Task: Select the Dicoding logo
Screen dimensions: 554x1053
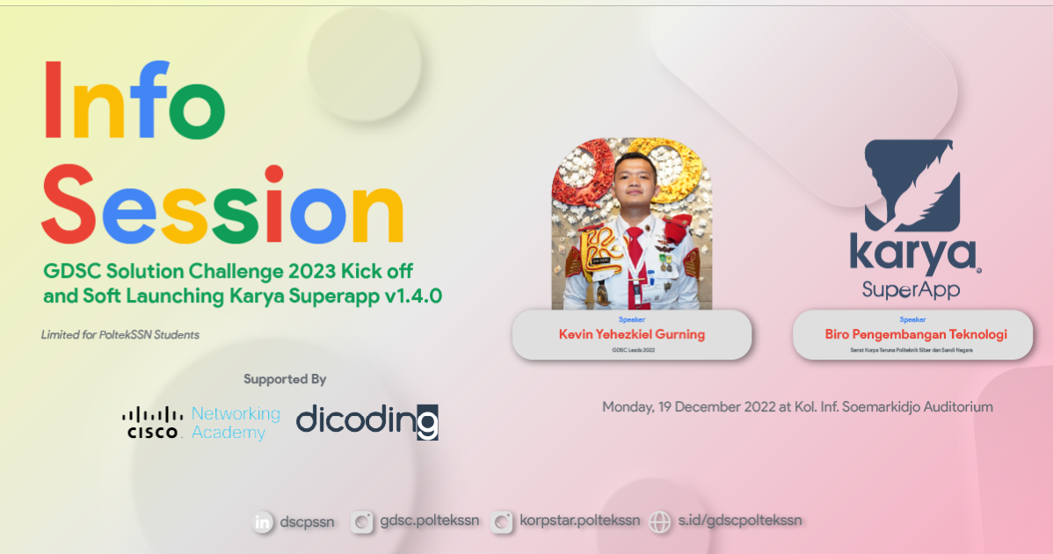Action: (x=367, y=420)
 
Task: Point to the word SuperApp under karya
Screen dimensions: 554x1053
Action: (x=911, y=289)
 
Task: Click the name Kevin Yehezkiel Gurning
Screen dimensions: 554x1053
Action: (x=632, y=334)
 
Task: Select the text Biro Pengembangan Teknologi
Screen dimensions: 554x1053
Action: (x=915, y=334)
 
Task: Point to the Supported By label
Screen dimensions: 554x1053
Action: (x=285, y=380)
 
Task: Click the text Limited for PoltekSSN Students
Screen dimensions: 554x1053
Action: (x=120, y=335)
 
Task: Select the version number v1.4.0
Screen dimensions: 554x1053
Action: (x=413, y=295)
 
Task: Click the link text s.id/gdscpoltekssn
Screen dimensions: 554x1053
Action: (x=739, y=521)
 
